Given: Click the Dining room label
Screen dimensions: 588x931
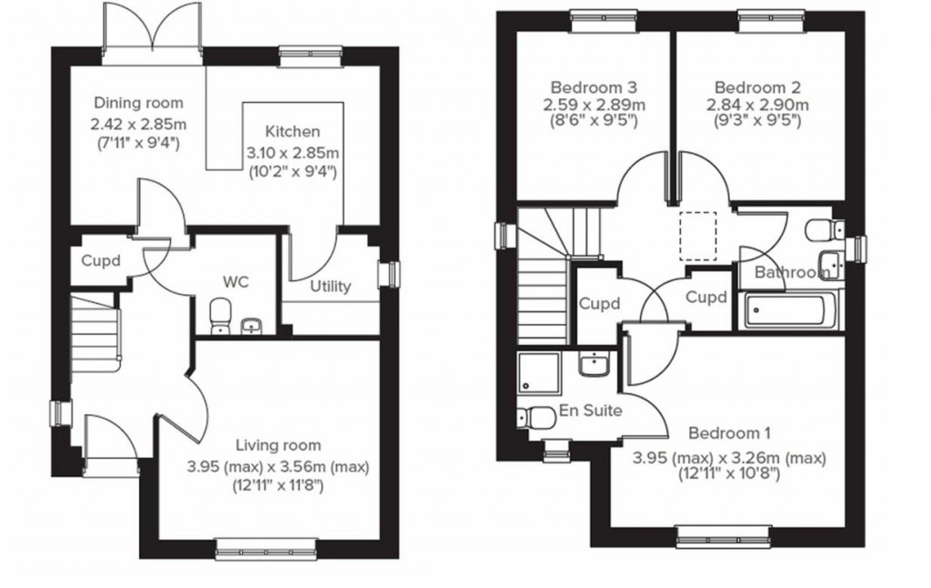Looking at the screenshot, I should (139, 103).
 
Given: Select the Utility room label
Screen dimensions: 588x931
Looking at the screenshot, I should (330, 287).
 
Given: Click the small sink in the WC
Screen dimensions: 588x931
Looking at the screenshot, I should (252, 325).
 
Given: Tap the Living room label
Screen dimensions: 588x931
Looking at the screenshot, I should (278, 445).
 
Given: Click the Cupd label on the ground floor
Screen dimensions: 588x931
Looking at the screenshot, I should (101, 259).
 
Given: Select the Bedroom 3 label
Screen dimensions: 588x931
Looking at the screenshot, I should (595, 87).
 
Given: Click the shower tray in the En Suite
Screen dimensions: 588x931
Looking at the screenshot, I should (540, 373).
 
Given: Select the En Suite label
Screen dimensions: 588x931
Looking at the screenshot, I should (591, 411).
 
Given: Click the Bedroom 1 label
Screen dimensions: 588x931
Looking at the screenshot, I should (729, 432).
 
